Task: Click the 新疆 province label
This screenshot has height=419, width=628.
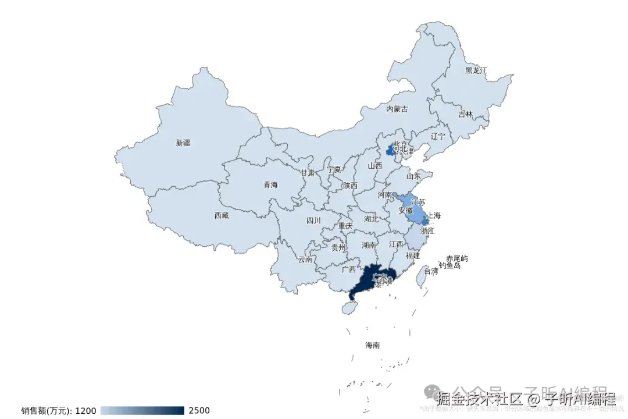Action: coord(183,143)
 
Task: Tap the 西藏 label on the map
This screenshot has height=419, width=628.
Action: coord(222,215)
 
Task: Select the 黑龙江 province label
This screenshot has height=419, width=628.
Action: coord(476,70)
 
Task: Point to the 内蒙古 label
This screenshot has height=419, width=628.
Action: coord(397,109)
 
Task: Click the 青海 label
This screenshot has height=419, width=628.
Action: coord(270,185)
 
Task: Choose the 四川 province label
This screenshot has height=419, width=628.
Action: coord(313,221)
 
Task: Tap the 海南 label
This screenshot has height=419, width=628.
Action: coord(372,345)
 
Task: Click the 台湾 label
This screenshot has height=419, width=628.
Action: coord(431,271)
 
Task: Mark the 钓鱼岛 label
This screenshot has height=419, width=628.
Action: coord(449,265)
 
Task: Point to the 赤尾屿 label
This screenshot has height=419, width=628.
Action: coord(457,258)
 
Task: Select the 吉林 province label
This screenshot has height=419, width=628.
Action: coord(466,114)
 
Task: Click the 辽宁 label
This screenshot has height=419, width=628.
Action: coord(438,136)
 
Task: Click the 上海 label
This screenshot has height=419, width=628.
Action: coord(434,216)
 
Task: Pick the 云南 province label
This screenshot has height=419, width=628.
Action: coord(305,260)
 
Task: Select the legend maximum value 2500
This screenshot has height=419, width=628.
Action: coord(199,411)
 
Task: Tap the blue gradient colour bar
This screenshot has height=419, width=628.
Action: coord(142,411)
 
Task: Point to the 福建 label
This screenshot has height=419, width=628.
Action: coord(413,255)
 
